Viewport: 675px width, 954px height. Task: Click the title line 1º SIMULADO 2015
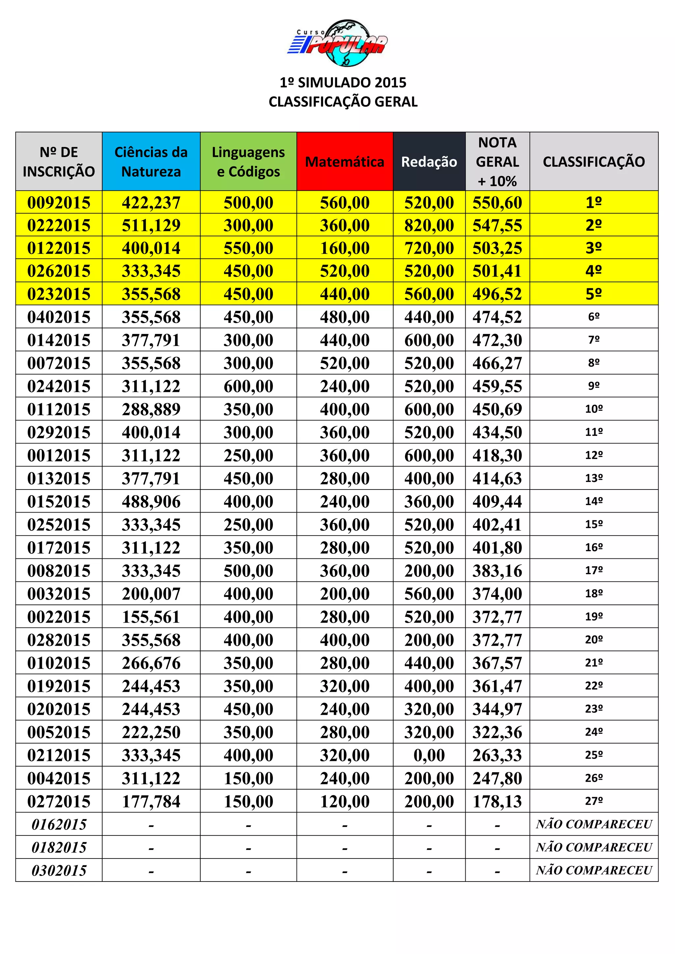(343, 83)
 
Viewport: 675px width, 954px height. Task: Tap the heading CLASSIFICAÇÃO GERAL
(343, 102)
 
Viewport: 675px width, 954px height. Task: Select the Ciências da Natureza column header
(151, 162)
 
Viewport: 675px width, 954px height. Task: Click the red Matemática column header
(344, 162)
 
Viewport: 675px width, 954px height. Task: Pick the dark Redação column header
(429, 162)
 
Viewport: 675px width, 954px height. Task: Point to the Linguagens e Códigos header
(248, 162)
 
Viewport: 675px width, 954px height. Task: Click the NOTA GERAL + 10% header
(497, 162)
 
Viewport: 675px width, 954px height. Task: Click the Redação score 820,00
(429, 226)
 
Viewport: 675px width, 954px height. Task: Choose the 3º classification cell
(594, 248)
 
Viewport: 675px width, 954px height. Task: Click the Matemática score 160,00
(344, 248)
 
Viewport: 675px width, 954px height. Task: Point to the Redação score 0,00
(429, 755)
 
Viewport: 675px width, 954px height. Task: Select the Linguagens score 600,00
(248, 386)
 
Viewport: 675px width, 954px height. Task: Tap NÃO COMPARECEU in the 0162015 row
(594, 824)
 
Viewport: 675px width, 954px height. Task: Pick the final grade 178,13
(497, 801)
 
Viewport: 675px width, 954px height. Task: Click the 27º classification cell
(594, 801)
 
